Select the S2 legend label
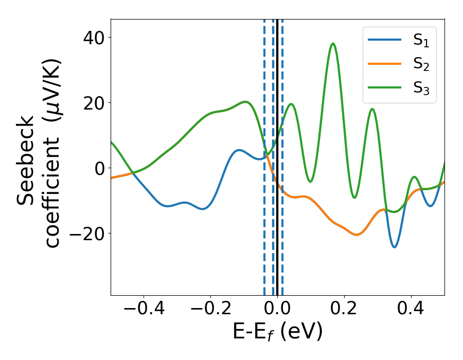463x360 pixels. (421, 65)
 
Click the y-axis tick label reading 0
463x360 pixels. (99, 168)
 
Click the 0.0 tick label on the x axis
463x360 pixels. (277, 309)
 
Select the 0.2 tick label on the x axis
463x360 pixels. (344, 309)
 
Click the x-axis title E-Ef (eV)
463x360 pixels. (278, 332)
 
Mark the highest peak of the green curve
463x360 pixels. (333, 44)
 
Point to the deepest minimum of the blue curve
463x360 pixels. (395, 247)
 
